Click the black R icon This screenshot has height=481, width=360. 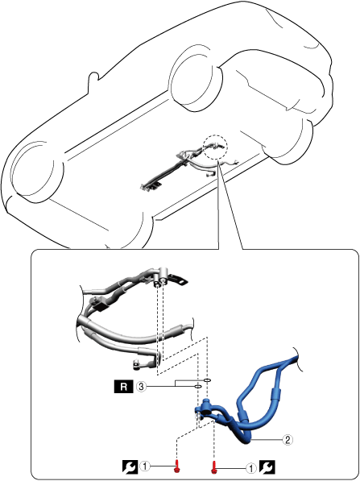click(x=124, y=387)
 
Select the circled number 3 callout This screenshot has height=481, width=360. click(x=141, y=387)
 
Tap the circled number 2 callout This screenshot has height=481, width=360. click(x=288, y=440)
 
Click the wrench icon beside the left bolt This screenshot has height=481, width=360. click(x=130, y=467)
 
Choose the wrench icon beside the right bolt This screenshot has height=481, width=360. click(x=267, y=467)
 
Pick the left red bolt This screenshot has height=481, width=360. click(x=176, y=466)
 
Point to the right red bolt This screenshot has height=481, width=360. click(x=214, y=466)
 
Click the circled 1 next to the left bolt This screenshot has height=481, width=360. click(x=144, y=466)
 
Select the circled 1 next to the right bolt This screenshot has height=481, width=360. click(x=252, y=468)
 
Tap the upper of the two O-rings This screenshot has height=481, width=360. click(x=207, y=380)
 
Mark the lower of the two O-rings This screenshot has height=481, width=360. click(x=198, y=387)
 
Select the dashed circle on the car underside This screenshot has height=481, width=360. click(x=215, y=147)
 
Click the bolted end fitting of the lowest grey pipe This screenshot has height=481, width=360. click(x=135, y=364)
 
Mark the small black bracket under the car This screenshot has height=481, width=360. click(x=157, y=184)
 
